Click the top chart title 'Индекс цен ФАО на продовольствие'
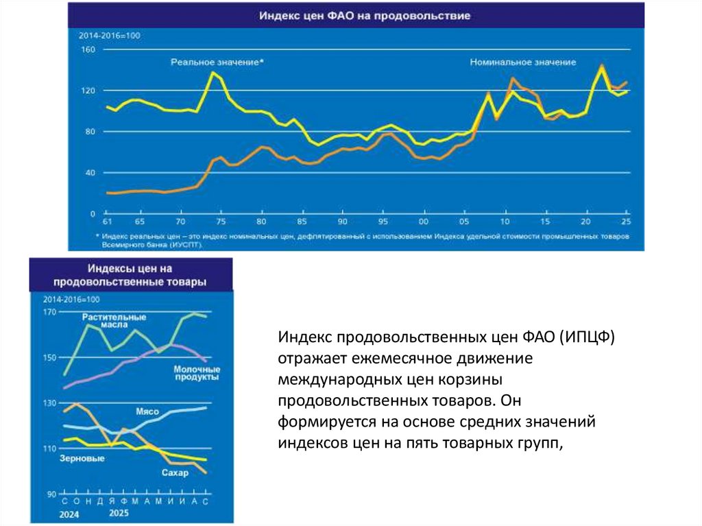[364, 16]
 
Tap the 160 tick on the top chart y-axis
[87, 50]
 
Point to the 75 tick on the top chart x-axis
[220, 222]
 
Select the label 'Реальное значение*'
[217, 62]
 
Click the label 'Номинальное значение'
[523, 62]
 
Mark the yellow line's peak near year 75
[213, 72]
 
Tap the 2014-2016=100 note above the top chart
[109, 36]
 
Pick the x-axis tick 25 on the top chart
[625, 222]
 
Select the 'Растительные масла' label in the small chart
[114, 321]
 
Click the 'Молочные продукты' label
[196, 372]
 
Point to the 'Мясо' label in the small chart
[147, 411]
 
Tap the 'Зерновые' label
[82, 457]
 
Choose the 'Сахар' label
[175, 473]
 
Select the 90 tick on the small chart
[51, 494]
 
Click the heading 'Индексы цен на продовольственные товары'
[130, 274]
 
